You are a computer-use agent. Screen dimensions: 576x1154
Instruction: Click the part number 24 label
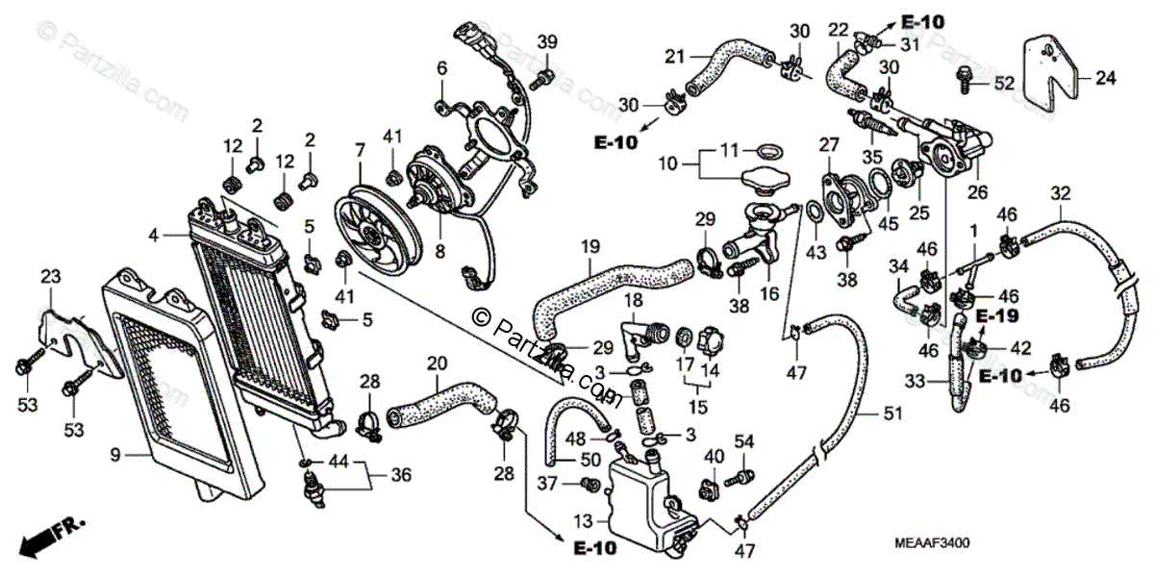click(1106, 79)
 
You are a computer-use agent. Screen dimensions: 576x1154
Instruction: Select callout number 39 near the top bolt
click(547, 42)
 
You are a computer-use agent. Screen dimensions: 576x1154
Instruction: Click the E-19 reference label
click(997, 315)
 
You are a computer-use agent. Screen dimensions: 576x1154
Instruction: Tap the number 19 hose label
click(590, 247)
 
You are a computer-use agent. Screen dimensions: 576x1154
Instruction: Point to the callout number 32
click(1060, 193)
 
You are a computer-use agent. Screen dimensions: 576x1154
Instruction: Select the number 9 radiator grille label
click(114, 455)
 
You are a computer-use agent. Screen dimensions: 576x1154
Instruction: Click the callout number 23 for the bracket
click(49, 277)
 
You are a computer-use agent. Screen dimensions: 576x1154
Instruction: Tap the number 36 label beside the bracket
click(401, 474)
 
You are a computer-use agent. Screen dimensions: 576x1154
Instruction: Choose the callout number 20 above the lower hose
click(437, 364)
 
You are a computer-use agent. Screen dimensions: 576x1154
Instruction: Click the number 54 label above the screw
click(743, 440)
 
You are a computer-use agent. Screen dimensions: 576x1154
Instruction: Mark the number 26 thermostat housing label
click(977, 192)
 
